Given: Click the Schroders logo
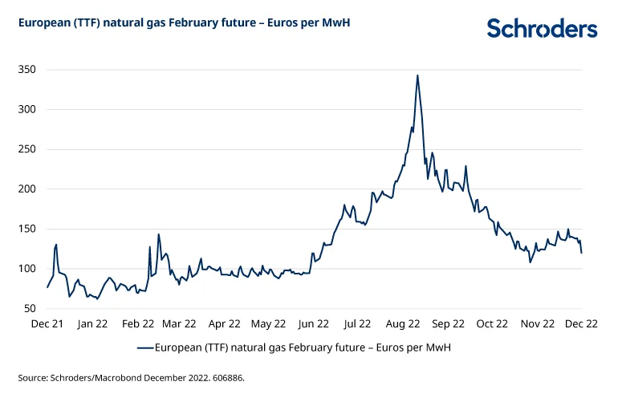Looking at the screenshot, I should (x=542, y=29).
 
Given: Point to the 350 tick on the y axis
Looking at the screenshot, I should (x=28, y=70).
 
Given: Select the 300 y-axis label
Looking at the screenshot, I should (x=28, y=109).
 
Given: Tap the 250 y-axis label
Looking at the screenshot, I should (x=28, y=149).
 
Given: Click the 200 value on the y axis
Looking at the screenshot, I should (x=28, y=189).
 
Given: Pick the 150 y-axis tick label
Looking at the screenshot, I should (x=28, y=229).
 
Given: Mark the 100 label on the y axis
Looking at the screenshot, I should (x=28, y=269).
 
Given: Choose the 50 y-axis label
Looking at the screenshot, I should (x=31, y=308).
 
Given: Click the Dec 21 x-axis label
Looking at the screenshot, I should (x=47, y=324).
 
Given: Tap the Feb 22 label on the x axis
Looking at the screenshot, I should (x=137, y=324).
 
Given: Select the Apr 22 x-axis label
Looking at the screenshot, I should (x=224, y=324).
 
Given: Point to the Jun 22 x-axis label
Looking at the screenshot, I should (x=313, y=324).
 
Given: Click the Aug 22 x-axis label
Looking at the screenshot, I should (x=403, y=324).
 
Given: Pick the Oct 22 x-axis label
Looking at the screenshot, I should (x=492, y=324).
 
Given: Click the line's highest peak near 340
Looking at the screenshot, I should (x=417, y=75).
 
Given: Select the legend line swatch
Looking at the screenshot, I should (x=145, y=347).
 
